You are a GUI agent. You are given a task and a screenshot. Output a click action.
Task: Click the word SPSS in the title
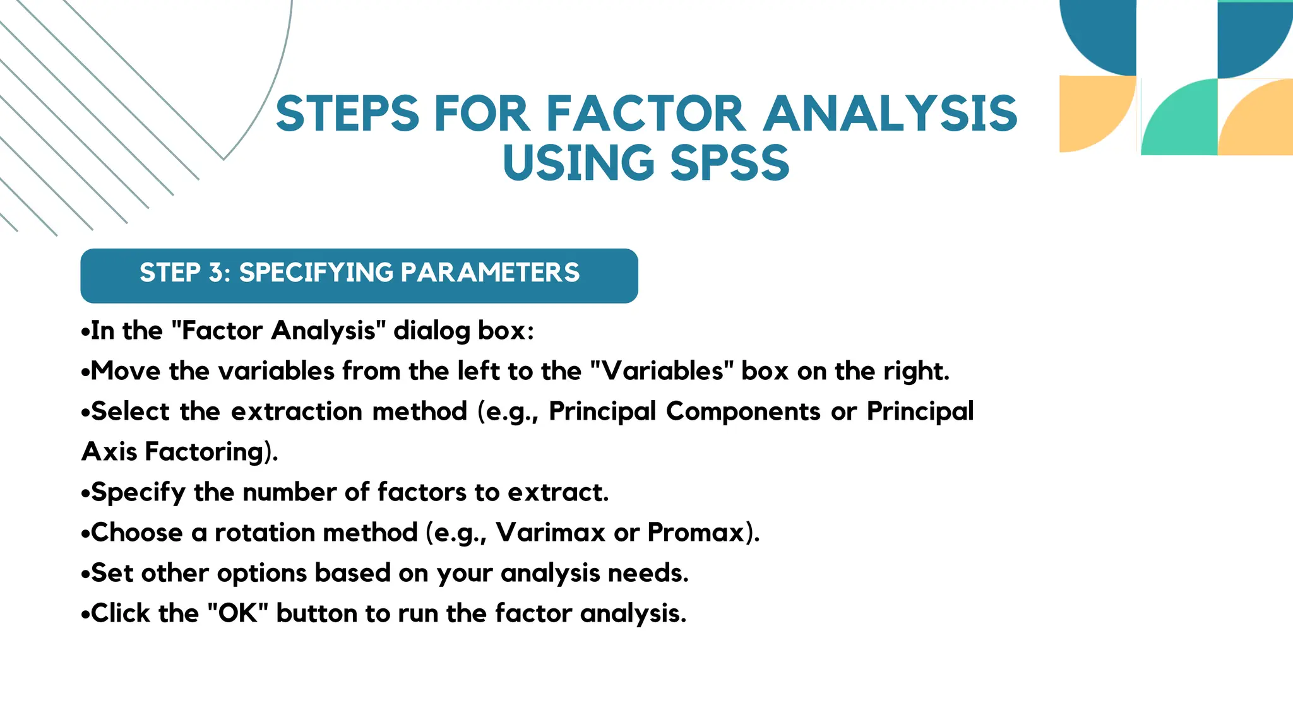pos(729,163)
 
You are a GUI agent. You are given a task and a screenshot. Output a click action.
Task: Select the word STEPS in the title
pos(347,114)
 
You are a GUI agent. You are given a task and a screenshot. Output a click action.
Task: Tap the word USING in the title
pos(578,163)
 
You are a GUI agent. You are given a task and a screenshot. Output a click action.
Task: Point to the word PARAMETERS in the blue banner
pos(490,273)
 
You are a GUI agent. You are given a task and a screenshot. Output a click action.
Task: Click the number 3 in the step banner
pos(216,273)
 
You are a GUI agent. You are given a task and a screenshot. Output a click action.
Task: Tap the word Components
pos(743,411)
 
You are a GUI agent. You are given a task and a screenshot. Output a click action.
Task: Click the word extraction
pos(297,411)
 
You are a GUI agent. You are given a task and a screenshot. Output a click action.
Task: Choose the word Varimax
pos(551,533)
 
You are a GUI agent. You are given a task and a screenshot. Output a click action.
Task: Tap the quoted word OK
pos(238,613)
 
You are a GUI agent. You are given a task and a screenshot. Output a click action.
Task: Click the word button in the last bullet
pos(316,613)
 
